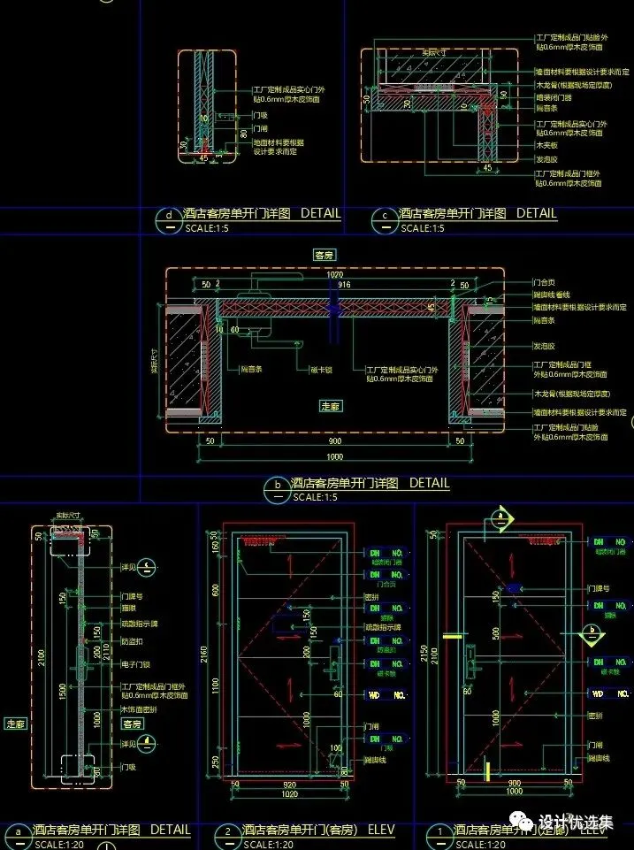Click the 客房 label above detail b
325,255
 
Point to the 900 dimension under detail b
333,440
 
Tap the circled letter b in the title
278,485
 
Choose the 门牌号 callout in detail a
134,597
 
